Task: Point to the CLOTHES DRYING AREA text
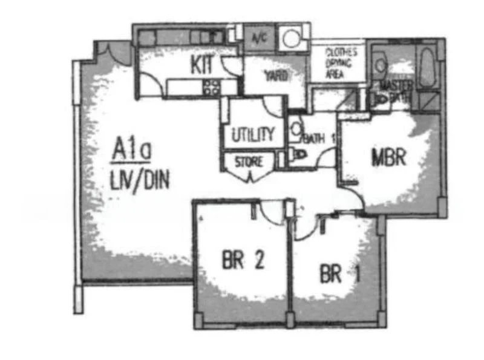coord(341,63)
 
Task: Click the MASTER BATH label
coord(394,90)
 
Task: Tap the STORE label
coord(248,162)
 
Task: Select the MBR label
coord(387,158)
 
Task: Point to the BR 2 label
coord(242,261)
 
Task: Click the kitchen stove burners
coord(211,87)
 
